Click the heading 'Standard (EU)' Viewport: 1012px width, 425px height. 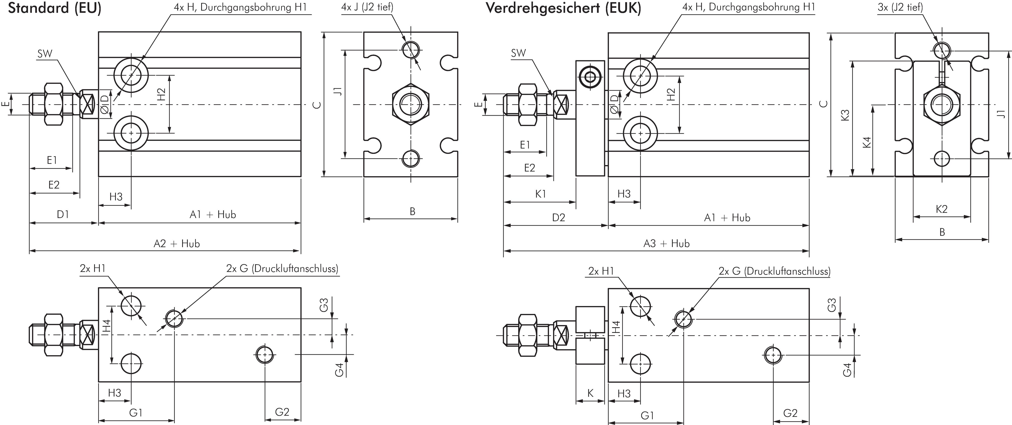point(55,8)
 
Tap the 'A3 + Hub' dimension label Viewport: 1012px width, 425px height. point(666,244)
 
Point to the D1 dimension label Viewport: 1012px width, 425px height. point(63,215)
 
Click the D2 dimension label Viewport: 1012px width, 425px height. point(558,217)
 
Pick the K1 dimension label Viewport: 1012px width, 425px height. point(541,194)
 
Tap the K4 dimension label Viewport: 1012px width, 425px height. point(867,142)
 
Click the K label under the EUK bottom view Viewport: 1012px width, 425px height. point(590,393)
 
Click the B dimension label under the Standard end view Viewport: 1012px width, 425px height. point(412,212)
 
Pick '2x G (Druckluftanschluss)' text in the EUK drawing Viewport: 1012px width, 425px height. point(774,271)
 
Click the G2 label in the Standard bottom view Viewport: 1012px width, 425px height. point(282,412)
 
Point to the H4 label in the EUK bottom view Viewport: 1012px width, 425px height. point(616,327)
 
